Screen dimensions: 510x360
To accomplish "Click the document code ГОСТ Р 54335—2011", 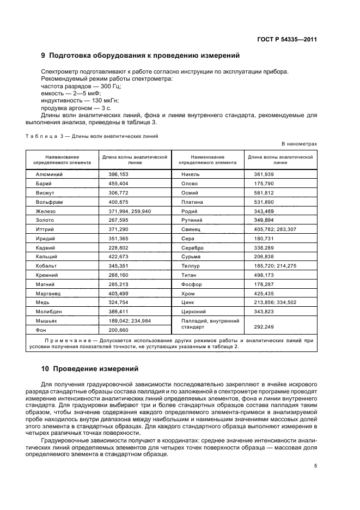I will point(286,39).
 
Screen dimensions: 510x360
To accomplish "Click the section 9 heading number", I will point(44,56).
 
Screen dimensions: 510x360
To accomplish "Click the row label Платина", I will point(192,202).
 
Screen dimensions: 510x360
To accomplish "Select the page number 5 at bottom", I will point(315,466).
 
